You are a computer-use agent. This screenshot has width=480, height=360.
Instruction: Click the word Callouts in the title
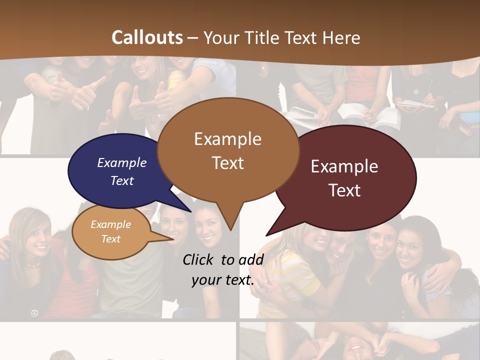[147, 37]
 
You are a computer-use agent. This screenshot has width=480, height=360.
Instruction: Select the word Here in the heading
[341, 37]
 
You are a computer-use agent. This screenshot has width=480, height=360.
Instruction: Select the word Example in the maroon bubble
[344, 166]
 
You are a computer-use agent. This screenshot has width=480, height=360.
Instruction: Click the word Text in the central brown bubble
[227, 162]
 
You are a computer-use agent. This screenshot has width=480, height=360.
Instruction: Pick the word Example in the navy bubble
[121, 162]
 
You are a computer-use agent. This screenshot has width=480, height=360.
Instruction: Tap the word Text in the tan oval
[111, 239]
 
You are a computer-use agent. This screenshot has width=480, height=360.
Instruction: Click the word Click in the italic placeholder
[198, 259]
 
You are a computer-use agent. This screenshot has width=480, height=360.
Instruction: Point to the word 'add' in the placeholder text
[251, 259]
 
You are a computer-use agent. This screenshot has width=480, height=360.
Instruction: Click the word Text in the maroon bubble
[344, 190]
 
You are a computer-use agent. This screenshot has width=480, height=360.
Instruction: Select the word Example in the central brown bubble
[227, 139]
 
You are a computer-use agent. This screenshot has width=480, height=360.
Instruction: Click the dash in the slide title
[192, 37]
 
